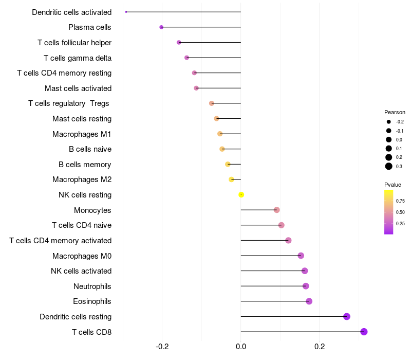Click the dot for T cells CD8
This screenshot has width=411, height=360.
pyautogui.click(x=364, y=332)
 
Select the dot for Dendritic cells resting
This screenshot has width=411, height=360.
pyautogui.click(x=347, y=316)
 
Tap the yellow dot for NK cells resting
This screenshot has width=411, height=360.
pyautogui.click(x=241, y=195)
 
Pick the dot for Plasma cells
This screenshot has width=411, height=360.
pyautogui.click(x=161, y=27)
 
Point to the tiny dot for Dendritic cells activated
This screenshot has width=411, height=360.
pyautogui.click(x=126, y=12)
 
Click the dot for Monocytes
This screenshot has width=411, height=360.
pyautogui.click(x=276, y=210)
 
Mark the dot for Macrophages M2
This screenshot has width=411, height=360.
pyautogui.click(x=231, y=179)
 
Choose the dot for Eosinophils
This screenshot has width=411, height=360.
pyautogui.click(x=309, y=301)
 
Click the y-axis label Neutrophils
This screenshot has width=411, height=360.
pyautogui.click(x=92, y=286)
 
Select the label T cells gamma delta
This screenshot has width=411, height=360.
pyautogui.click(x=78, y=58)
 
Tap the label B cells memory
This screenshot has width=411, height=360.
pyautogui.click(x=85, y=165)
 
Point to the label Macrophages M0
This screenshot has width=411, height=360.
pyautogui.click(x=82, y=256)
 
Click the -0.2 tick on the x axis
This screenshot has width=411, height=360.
pyautogui.click(x=162, y=347)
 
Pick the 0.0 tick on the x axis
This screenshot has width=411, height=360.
pyautogui.click(x=241, y=347)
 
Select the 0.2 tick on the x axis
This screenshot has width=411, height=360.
pyautogui.click(x=320, y=347)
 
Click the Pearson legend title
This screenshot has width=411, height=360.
pyautogui.click(x=395, y=112)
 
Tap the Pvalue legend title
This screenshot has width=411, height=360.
pyautogui.click(x=393, y=185)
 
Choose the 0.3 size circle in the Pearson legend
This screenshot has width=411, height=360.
pyautogui.click(x=389, y=166)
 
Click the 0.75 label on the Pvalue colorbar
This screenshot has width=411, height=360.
pyautogui.click(x=400, y=201)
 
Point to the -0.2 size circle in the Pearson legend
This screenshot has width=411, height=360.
pyautogui.click(x=389, y=122)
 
